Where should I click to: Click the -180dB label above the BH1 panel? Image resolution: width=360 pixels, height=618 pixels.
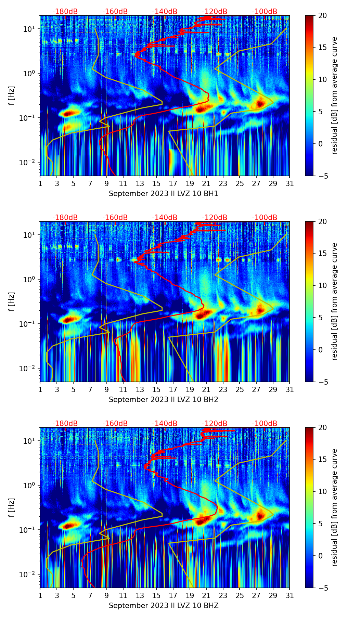click(x=65, y=12)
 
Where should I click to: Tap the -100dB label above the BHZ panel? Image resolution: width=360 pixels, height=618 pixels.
click(x=265, y=424)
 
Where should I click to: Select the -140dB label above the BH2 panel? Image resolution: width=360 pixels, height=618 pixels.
click(x=165, y=218)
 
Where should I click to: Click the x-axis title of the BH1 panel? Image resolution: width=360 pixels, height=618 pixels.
click(x=164, y=194)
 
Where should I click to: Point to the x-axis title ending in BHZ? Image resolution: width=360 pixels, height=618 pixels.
click(x=164, y=606)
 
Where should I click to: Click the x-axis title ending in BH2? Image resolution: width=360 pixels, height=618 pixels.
click(x=164, y=400)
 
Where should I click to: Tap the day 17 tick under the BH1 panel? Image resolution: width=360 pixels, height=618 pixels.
click(x=173, y=183)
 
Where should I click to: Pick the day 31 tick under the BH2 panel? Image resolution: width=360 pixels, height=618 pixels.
click(x=290, y=389)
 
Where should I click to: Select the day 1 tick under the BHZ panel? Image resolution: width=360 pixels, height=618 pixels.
click(x=40, y=595)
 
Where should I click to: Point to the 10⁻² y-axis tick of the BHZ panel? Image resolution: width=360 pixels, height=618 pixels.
click(x=28, y=574)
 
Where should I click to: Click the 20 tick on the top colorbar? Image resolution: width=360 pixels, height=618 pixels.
click(x=322, y=16)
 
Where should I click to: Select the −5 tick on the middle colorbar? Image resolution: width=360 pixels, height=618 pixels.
click(x=322, y=382)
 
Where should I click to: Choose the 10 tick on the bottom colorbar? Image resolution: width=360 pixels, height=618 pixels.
click(x=322, y=492)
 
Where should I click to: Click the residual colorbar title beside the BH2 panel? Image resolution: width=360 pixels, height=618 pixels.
click(x=335, y=301)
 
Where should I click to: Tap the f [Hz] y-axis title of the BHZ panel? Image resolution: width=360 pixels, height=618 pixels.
click(x=12, y=507)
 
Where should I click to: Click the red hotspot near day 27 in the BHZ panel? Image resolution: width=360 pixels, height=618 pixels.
click(x=261, y=515)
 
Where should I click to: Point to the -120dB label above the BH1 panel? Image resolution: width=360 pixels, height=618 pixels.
click(x=215, y=12)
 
